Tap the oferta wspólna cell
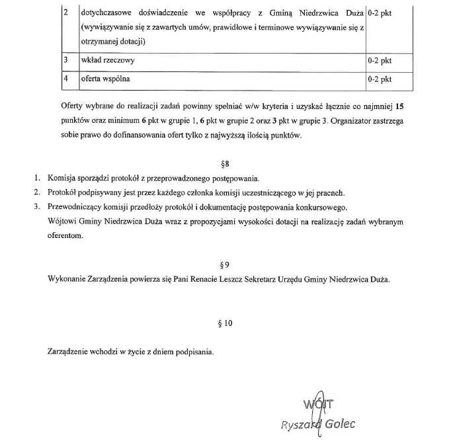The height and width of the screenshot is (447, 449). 105,79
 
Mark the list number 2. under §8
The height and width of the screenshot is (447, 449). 38,193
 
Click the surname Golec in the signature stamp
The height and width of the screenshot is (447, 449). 339,423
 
